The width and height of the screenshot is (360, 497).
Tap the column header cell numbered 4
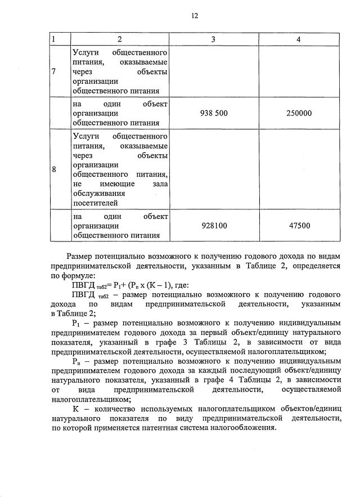click(298, 40)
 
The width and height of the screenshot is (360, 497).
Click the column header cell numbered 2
click(120, 40)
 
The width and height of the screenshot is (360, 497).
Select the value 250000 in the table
click(298, 113)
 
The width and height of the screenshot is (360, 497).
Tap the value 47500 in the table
click(298, 225)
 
